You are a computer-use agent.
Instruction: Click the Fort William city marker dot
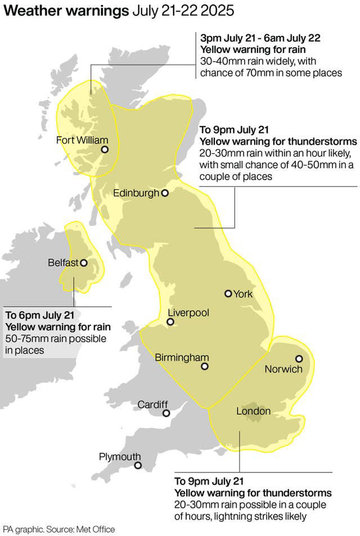point(105,150)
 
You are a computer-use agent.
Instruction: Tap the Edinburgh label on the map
point(136,193)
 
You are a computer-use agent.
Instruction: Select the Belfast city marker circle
point(84,262)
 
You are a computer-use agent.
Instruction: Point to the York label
point(243,294)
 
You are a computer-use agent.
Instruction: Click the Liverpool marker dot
point(170,323)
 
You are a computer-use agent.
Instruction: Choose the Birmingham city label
point(182,357)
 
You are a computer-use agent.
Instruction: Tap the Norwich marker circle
point(299,359)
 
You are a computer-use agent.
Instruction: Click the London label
point(253,412)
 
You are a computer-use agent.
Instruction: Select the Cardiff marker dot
point(166,413)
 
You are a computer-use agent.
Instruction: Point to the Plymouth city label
point(120,456)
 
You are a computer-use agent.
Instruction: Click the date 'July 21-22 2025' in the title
point(183,11)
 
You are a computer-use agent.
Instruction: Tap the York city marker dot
point(228,293)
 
